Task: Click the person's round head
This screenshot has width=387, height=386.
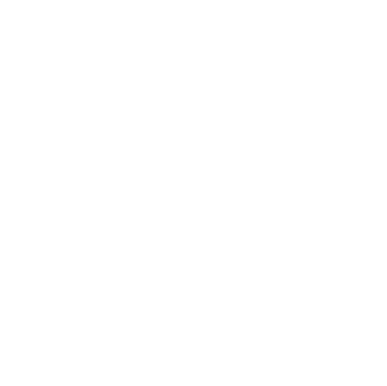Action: tap(90, 126)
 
